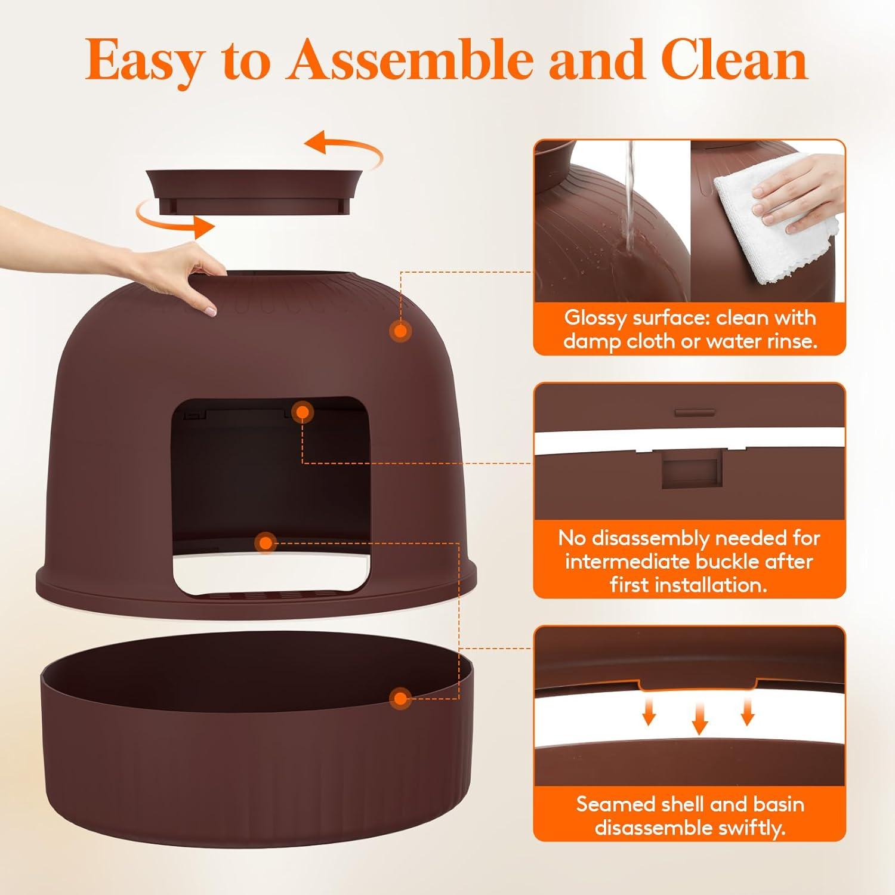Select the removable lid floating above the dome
click(x=256, y=190)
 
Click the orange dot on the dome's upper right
click(x=400, y=331)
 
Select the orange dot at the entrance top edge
click(x=303, y=412)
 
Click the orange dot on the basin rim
click(x=400, y=698)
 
